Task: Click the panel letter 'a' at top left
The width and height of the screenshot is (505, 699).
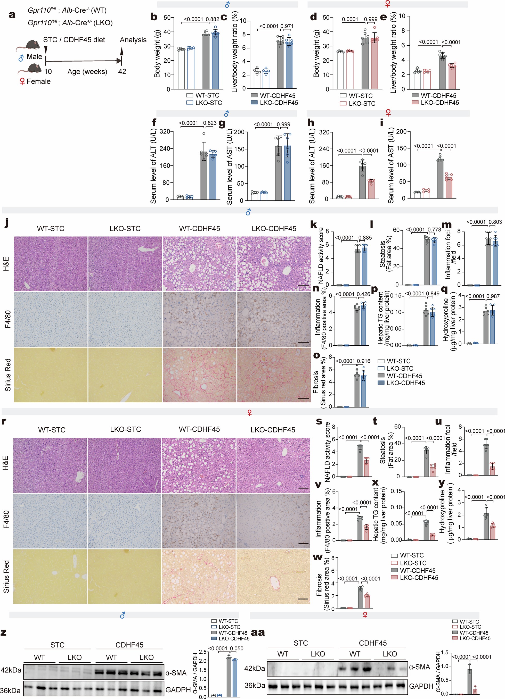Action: [12, 14]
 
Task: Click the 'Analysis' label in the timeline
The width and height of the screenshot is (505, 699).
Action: [133, 40]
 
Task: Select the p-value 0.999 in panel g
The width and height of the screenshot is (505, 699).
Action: [283, 124]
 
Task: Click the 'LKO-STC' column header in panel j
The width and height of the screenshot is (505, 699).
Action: [125, 229]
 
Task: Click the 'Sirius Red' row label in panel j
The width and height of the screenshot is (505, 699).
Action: [8, 375]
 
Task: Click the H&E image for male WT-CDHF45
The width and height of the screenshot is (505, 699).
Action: [199, 264]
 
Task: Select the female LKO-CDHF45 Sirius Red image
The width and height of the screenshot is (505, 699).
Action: [273, 576]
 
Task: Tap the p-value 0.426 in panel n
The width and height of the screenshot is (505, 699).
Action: [363, 294]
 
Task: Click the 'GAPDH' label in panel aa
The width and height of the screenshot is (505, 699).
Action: [421, 686]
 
